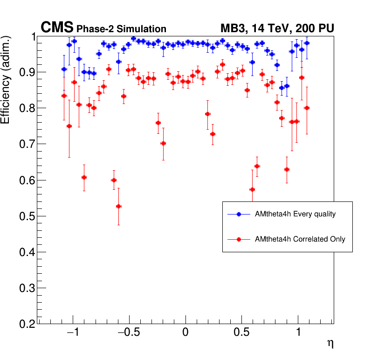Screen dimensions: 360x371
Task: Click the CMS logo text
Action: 57,28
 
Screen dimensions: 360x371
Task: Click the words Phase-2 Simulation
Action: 121,29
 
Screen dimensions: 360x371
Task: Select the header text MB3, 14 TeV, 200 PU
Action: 277,28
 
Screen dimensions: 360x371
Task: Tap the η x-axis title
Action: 330,344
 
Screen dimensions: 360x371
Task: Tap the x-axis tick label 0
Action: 185,334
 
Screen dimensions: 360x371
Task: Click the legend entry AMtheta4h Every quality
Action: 295,214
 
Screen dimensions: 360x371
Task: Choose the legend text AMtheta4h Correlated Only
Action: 300,239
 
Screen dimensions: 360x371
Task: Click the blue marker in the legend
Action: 239,214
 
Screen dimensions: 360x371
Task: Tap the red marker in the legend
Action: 239,239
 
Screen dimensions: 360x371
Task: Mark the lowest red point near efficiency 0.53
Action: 119,206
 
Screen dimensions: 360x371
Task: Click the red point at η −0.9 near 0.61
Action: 84,177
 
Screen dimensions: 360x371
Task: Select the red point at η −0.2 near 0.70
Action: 163,144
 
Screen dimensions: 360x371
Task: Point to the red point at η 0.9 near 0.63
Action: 287,169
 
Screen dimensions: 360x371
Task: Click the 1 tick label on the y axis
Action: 31,37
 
